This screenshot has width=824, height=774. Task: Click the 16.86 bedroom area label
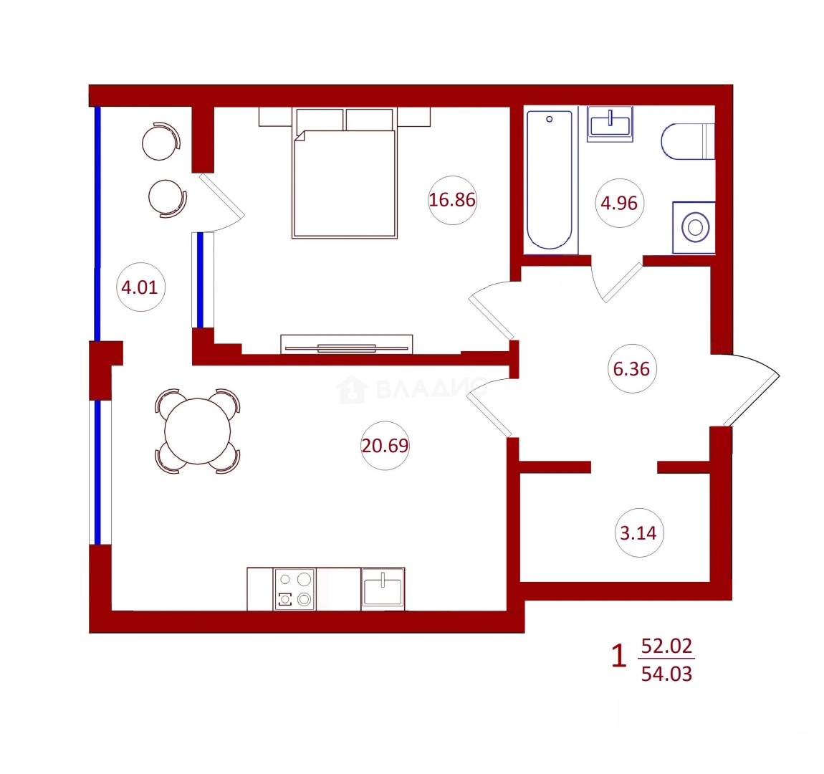(452, 200)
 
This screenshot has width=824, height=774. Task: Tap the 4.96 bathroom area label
(619, 203)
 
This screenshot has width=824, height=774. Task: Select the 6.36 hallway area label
(631, 369)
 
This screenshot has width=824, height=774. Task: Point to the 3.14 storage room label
(638, 532)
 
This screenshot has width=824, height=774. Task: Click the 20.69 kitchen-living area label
(385, 446)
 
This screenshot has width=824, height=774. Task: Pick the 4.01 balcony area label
(139, 287)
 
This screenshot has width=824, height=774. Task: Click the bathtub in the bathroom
(550, 179)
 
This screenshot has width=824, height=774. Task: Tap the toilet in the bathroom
(687, 141)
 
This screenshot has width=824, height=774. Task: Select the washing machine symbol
(694, 227)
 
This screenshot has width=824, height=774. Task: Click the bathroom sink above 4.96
(610, 124)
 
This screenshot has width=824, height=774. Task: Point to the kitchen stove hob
(294, 589)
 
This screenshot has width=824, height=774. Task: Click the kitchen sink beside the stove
(383, 589)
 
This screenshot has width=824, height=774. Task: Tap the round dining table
(197, 431)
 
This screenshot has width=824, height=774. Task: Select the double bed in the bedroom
(344, 173)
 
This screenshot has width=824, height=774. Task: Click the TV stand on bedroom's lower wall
(346, 344)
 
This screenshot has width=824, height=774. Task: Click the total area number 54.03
(666, 674)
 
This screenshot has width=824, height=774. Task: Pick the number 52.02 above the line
(666, 646)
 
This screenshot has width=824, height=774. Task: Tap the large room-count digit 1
(619, 656)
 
